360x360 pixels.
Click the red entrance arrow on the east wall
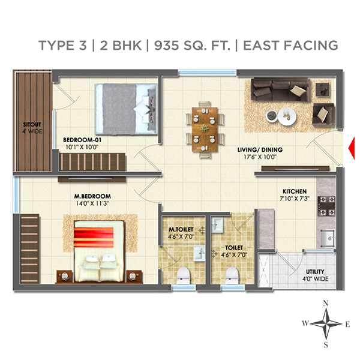point(353,145)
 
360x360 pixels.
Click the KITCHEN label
point(295,191)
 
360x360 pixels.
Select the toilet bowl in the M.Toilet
point(185,275)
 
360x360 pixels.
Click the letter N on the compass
point(325,303)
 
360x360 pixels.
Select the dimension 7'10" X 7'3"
point(295,199)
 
